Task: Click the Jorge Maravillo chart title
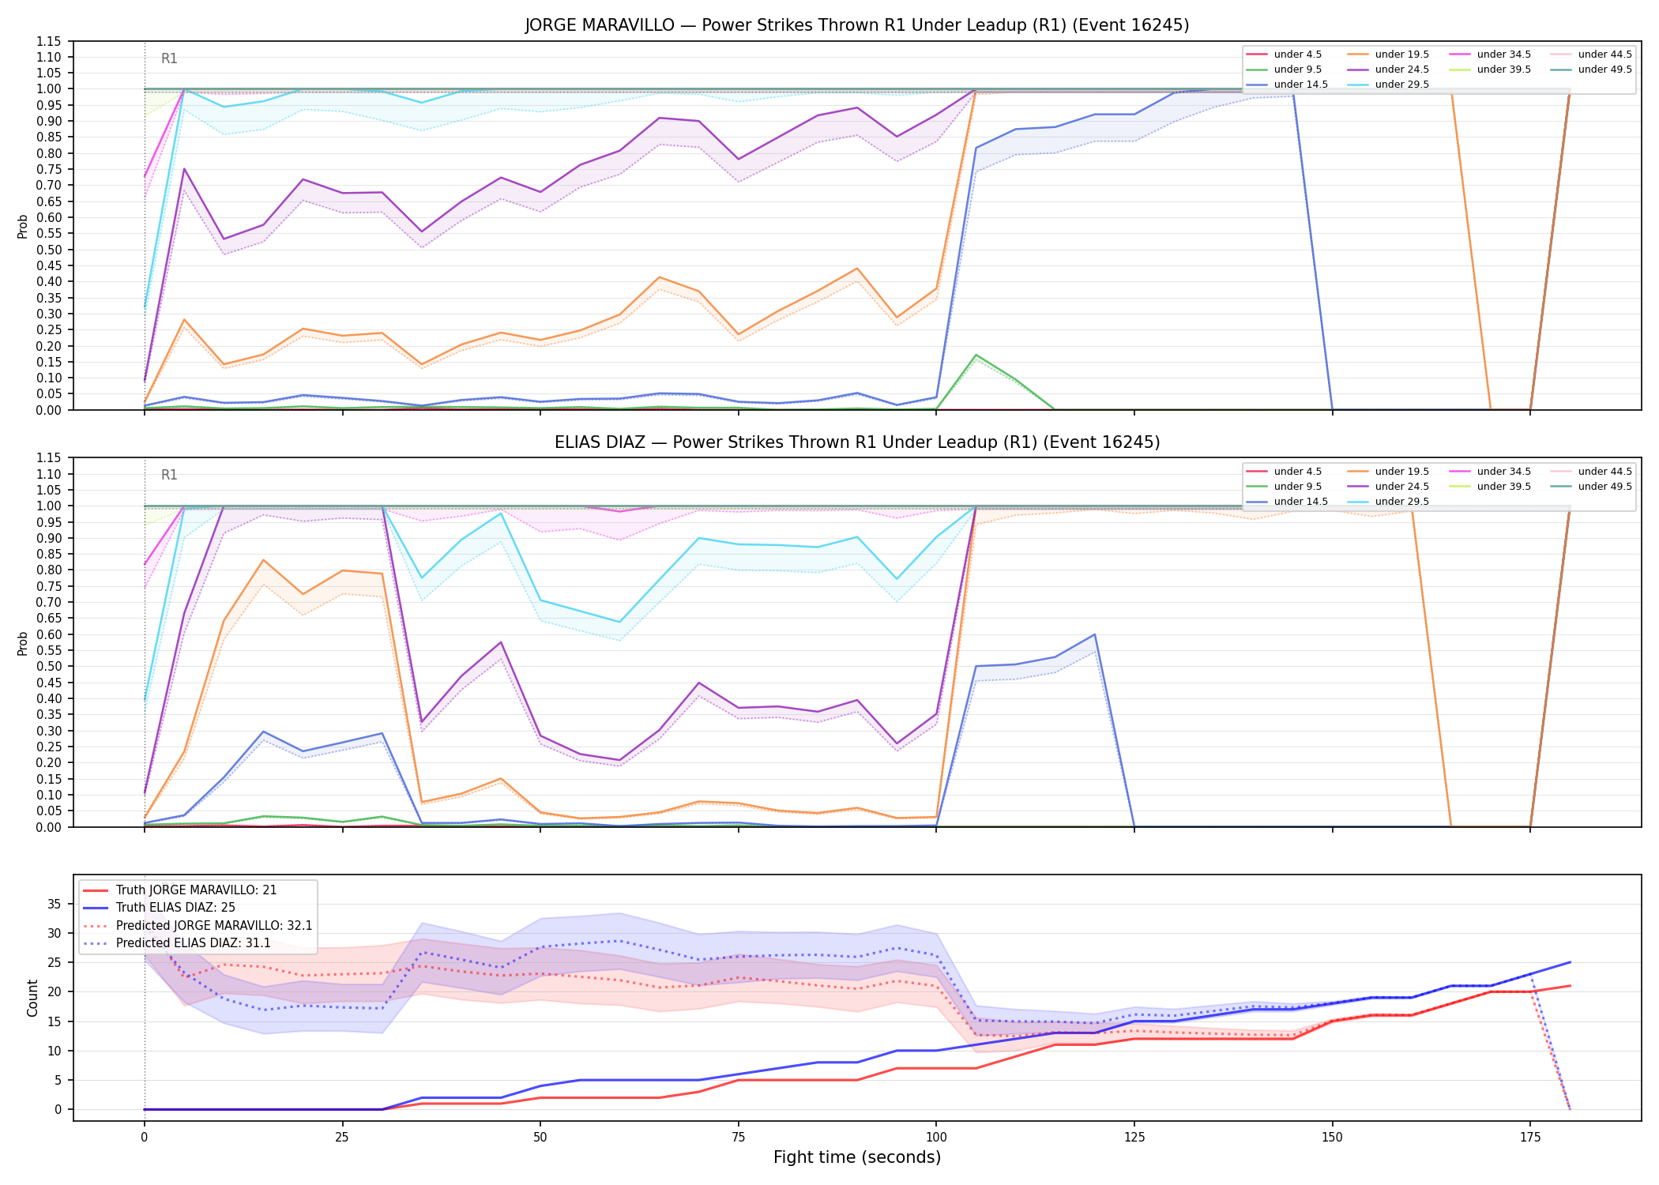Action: tap(857, 25)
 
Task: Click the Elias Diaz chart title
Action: tap(857, 442)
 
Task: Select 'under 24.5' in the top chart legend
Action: tap(1401, 70)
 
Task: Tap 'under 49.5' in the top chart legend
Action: tap(1604, 70)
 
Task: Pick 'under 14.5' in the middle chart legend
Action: tap(1300, 502)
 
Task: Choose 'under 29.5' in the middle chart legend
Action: tap(1401, 502)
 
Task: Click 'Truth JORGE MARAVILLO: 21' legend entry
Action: tap(196, 890)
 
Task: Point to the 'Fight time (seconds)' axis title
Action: tap(857, 1157)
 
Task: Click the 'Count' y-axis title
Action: tap(32, 998)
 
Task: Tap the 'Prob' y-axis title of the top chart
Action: tap(23, 226)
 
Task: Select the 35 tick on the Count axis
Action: tap(55, 904)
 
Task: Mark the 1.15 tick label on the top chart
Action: tap(49, 41)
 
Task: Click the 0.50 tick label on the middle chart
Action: tap(49, 666)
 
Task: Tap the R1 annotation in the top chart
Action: tap(169, 58)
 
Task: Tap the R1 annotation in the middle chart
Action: tap(169, 475)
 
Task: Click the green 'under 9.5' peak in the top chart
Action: tap(976, 355)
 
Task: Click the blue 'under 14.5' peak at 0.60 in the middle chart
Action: tap(1095, 634)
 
